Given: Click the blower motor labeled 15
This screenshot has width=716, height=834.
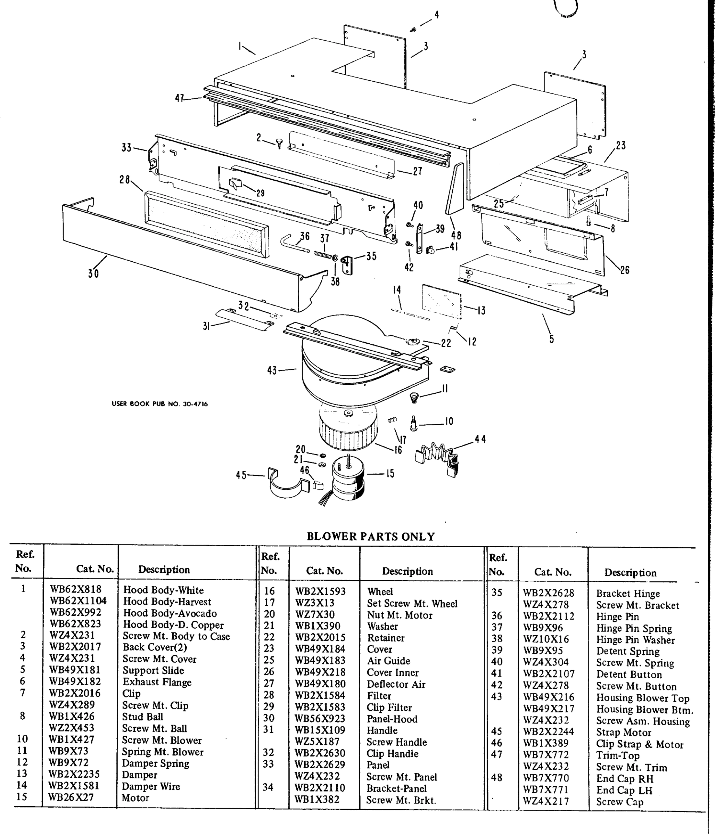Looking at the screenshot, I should pos(348,479).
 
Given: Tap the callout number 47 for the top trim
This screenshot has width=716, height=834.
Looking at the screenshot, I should pos(180,98).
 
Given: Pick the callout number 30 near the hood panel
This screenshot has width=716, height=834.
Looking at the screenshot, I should pos(93,274).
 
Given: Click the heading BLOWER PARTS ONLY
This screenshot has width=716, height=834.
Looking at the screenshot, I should pos(370,537).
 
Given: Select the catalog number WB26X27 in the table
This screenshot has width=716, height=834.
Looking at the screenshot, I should pos(71,798).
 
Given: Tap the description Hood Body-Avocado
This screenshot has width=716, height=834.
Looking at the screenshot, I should pos(170,613).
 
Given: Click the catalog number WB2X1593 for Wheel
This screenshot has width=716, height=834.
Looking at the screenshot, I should pos(320,591).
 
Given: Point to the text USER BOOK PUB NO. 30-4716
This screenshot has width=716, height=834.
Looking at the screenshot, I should pos(160,404).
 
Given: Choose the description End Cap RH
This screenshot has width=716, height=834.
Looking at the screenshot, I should pos(625,778).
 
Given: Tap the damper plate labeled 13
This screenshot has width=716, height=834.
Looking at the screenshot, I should pos(442,300).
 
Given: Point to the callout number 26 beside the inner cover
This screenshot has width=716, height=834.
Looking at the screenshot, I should pos(624,270).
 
